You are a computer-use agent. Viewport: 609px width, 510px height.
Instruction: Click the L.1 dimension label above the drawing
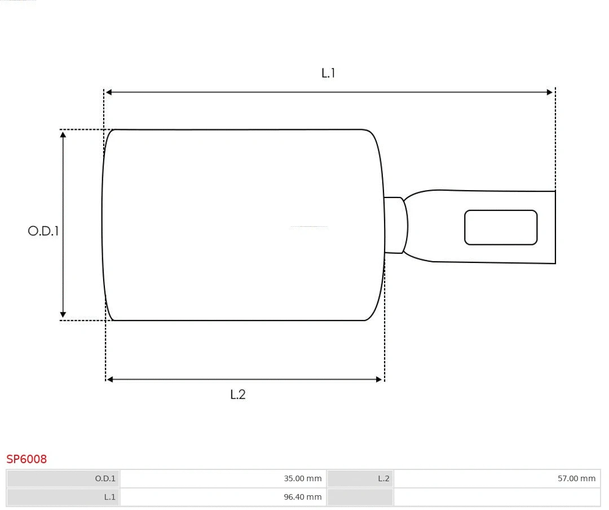pos(328,73)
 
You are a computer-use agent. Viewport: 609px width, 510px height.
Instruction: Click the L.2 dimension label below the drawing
pos(238,395)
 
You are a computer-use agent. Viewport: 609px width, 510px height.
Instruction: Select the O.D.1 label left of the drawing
pos(43,231)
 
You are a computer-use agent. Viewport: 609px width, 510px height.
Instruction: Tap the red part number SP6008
pos(27,459)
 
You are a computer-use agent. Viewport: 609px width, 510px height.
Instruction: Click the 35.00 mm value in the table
pos(302,478)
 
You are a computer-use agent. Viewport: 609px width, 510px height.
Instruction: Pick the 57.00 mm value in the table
pos(576,478)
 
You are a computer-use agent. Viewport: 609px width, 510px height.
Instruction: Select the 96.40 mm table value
pos(302,497)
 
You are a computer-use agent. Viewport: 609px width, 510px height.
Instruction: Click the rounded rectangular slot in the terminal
pos(501,227)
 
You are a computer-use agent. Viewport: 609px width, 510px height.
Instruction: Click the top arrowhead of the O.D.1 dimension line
pos(63,135)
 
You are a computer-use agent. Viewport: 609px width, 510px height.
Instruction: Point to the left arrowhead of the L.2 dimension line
pos(110,380)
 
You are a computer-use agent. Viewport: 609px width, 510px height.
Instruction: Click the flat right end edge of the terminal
pos(555,227)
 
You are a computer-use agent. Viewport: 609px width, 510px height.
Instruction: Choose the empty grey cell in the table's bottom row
pos(360,497)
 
